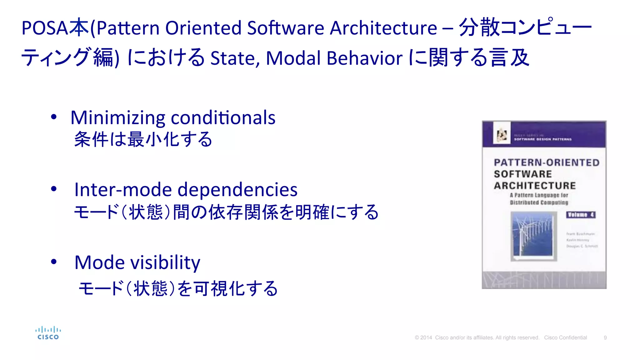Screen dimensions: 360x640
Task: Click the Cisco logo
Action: point(48,333)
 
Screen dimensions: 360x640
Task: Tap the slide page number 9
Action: point(605,338)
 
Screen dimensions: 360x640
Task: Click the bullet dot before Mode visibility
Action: point(54,262)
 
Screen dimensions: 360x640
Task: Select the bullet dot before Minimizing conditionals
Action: point(54,117)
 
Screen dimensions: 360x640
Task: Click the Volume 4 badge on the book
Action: point(581,215)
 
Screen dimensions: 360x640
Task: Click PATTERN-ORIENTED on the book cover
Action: point(547,162)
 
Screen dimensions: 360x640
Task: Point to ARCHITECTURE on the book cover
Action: point(535,186)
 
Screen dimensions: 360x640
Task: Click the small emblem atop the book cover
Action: point(502,135)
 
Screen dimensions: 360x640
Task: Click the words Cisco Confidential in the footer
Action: point(565,338)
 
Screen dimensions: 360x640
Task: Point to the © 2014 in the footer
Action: point(423,338)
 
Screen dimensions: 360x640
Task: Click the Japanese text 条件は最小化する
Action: point(143,139)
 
